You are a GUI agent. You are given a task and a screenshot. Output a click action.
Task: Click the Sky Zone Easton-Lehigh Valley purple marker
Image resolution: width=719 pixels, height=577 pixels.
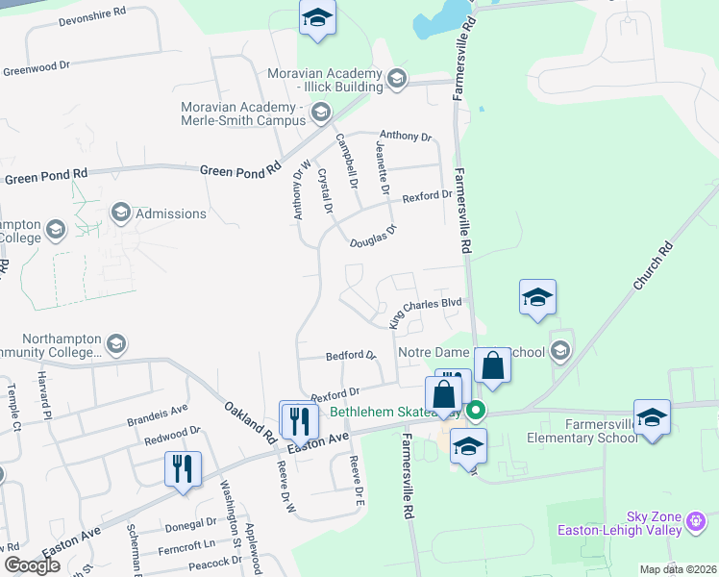[x=697, y=524]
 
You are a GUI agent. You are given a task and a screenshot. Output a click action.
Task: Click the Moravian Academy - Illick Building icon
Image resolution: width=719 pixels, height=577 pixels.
[x=396, y=82]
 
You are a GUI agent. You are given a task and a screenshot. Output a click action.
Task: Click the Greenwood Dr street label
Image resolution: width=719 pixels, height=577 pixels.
[x=37, y=69]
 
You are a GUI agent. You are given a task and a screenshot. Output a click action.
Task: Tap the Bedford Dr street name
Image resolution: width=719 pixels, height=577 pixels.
[x=351, y=355]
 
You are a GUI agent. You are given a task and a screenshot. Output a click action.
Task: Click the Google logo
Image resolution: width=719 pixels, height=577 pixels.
[x=32, y=565]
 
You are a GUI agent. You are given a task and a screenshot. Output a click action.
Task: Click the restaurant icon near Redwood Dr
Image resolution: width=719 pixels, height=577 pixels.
[x=183, y=469]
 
